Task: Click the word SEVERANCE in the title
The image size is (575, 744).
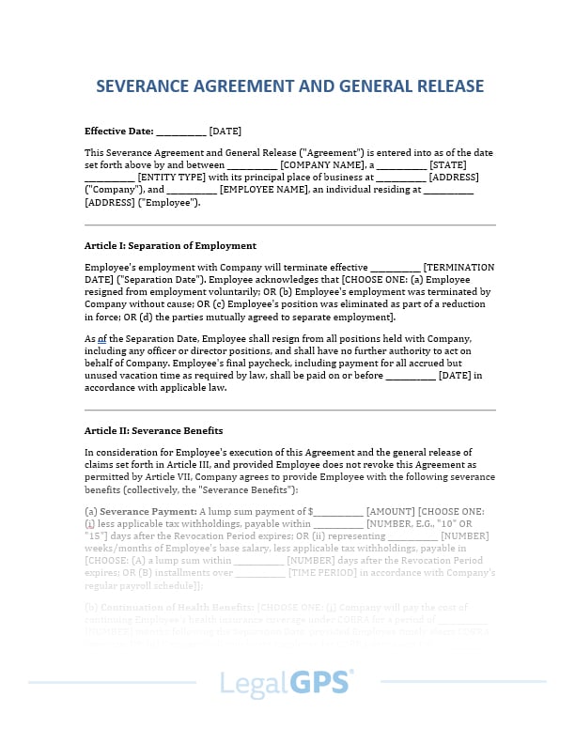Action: click(x=144, y=87)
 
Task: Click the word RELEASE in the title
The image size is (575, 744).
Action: click(x=441, y=87)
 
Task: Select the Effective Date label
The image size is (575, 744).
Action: click(x=117, y=131)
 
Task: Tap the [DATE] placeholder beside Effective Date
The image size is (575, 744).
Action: click(x=225, y=131)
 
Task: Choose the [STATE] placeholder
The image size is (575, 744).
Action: click(x=452, y=163)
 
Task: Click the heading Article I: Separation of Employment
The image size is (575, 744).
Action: click(x=170, y=245)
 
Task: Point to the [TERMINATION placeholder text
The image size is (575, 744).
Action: click(x=458, y=267)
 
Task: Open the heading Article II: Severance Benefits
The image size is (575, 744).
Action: click(x=153, y=430)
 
